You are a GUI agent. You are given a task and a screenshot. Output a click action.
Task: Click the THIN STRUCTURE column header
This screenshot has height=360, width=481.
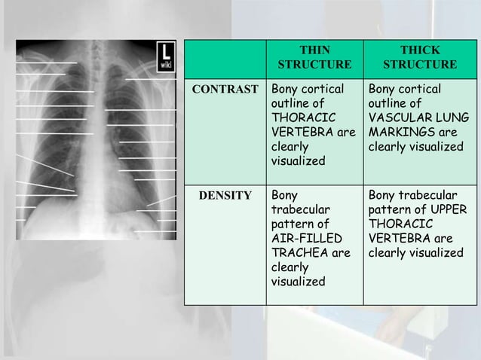314,57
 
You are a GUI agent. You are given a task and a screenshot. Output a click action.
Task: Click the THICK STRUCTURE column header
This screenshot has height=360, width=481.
420,57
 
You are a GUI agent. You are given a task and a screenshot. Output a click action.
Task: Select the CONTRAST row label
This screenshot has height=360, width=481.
225,89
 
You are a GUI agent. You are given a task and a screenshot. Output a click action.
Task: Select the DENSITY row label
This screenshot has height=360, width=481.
225,196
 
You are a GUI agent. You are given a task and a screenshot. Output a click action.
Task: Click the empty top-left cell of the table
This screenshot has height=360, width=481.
225,57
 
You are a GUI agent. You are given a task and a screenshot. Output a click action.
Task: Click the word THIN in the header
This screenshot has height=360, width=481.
314,50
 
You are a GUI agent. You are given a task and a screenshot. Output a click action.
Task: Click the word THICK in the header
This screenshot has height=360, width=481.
420,50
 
